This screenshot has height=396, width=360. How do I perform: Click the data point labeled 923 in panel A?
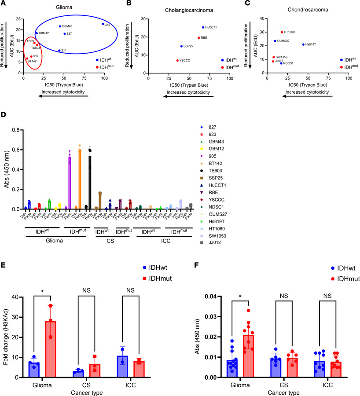(103, 24)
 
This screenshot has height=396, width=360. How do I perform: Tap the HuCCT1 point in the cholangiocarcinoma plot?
(203, 27)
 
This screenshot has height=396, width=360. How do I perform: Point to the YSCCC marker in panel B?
(177, 60)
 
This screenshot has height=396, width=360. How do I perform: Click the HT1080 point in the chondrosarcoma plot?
(282, 32)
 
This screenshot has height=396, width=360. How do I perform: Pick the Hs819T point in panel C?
(303, 44)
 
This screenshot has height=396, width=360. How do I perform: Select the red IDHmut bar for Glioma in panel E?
(65, 349)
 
